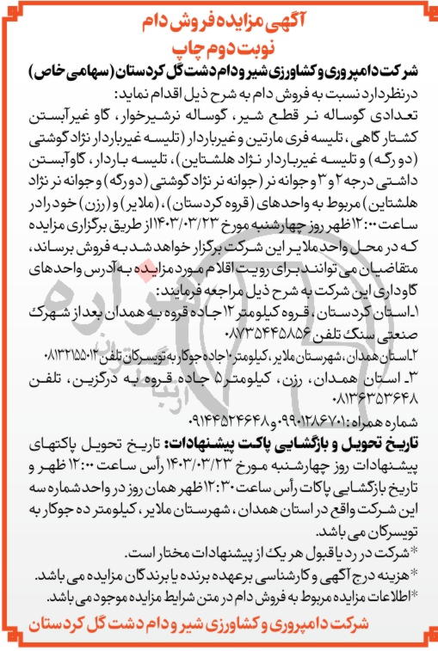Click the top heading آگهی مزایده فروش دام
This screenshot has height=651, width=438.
[x=219, y=16]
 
